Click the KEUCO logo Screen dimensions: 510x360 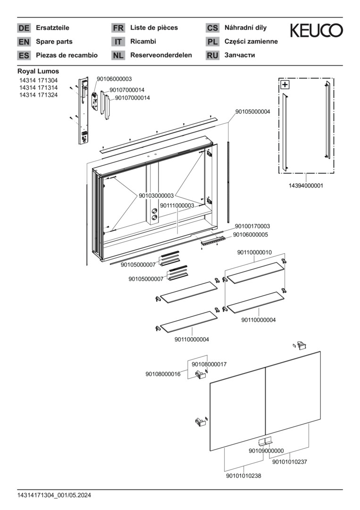tap(316, 31)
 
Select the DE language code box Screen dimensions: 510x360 tap(24, 28)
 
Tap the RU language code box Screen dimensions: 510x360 tap(212, 55)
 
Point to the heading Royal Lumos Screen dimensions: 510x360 tap(38, 71)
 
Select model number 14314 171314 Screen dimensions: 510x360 tap(38, 88)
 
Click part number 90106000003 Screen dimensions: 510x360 tap(114, 79)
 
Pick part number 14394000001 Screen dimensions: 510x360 tap(306, 186)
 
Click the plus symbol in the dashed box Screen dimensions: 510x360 tap(285, 85)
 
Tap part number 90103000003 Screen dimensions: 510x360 tap(156, 195)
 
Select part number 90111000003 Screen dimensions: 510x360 tap(177, 205)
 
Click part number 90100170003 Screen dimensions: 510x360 tap(252, 226)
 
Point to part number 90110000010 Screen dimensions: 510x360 tap(254, 253)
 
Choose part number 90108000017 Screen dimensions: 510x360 tap(209, 364)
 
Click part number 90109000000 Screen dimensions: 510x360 tap(266, 451)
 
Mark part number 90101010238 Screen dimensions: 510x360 tap(243, 476)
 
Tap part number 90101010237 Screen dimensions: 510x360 tap(290, 462)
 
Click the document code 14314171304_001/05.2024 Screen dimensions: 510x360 tap(54, 495)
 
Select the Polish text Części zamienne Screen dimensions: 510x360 tap(251, 42)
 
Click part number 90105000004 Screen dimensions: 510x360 tap(252, 112)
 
